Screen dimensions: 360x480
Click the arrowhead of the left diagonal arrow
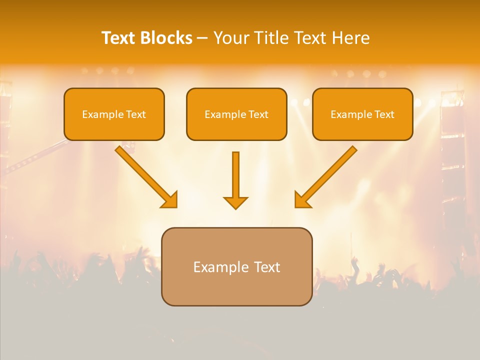[x=169, y=199]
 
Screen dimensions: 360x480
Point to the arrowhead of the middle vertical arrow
[x=235, y=202]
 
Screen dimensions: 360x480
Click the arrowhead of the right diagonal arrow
[x=302, y=199]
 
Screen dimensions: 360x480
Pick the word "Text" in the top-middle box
[x=258, y=114]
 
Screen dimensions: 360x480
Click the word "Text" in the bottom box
[x=266, y=267]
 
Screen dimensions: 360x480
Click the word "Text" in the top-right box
[x=384, y=114]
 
